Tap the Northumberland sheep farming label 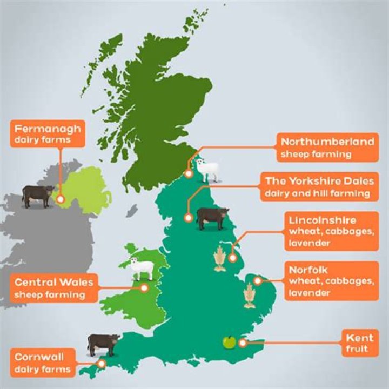click(327, 147)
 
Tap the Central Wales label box click(54, 287)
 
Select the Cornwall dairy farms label click(43, 363)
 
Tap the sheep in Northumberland click(207, 169)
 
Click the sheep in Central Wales click(142, 267)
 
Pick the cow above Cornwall click(104, 344)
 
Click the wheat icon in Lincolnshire click(220, 259)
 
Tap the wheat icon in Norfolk click(249, 295)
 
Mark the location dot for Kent click(243, 343)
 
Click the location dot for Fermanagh click(60, 199)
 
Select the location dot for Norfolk click(258, 280)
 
